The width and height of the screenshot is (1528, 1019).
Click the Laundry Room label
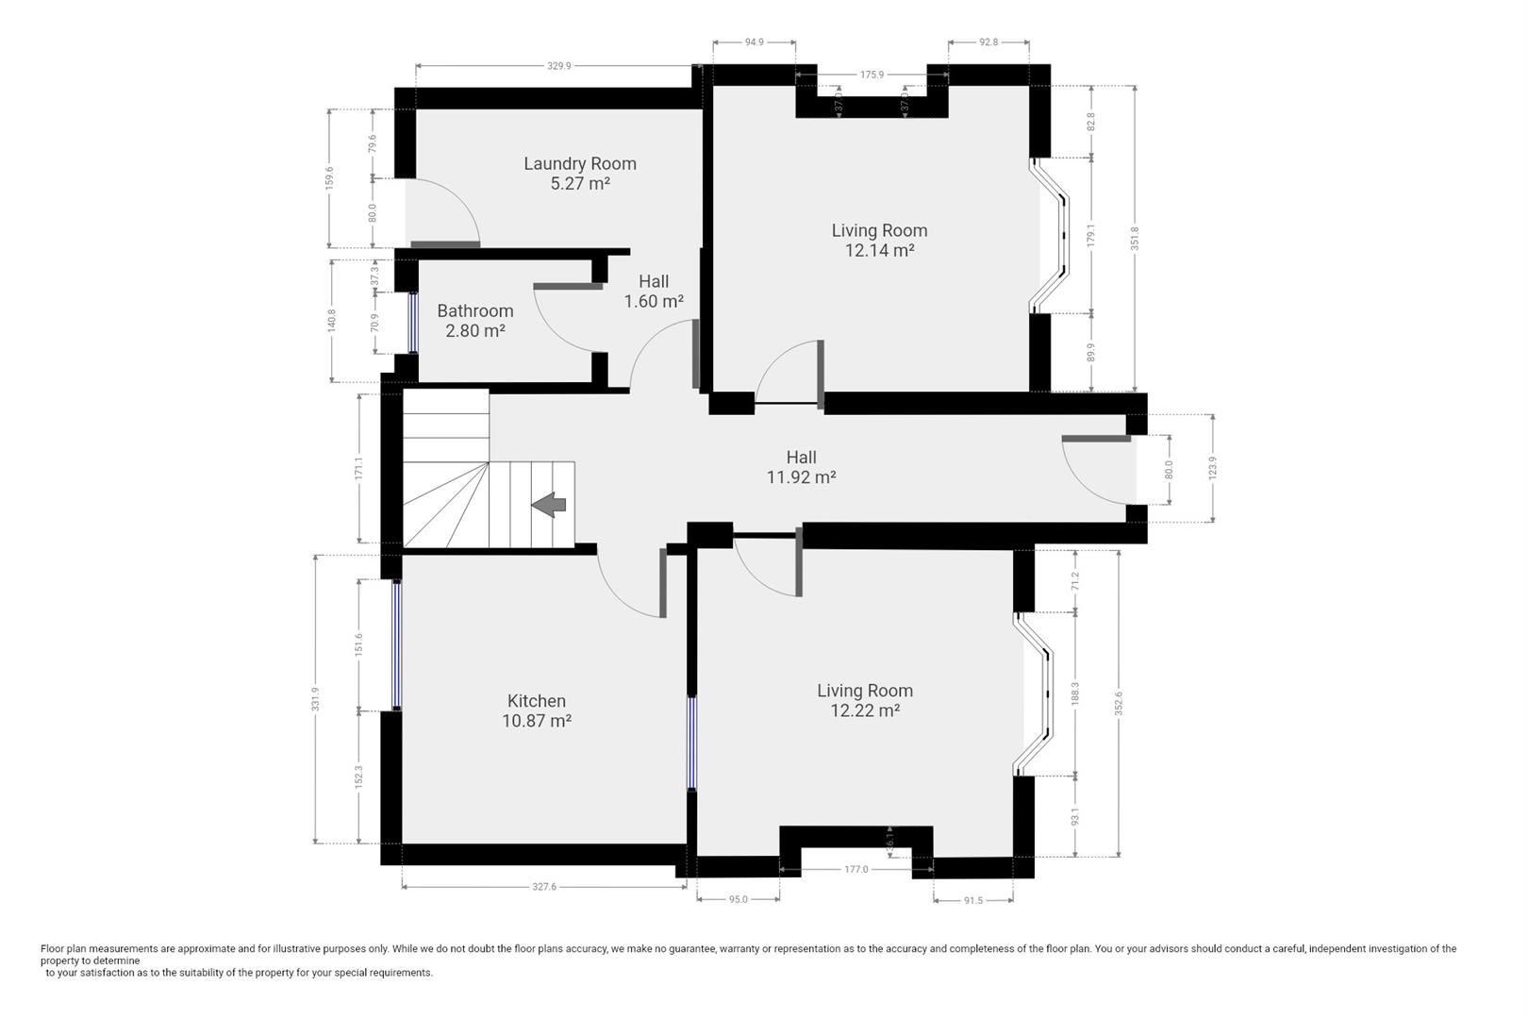click(580, 163)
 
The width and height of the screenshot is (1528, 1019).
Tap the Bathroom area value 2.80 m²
click(475, 331)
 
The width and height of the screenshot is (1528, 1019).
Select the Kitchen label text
click(537, 701)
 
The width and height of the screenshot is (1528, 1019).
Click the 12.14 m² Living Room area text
click(880, 251)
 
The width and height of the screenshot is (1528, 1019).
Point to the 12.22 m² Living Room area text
click(865, 710)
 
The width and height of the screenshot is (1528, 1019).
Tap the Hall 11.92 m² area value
click(801, 477)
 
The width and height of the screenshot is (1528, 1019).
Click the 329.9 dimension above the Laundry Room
click(559, 66)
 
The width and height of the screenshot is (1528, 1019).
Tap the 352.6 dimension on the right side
click(1120, 704)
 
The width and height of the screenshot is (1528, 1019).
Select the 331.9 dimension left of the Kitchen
click(316, 699)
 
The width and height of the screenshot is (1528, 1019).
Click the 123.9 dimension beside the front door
click(1213, 468)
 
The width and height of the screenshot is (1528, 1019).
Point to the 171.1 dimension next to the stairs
click(360, 468)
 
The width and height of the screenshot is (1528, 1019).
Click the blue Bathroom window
click(413, 323)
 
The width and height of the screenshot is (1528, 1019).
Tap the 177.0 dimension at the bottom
click(855, 870)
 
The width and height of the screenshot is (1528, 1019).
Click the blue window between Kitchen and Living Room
click(691, 743)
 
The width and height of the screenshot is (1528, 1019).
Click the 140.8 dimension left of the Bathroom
click(331, 322)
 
